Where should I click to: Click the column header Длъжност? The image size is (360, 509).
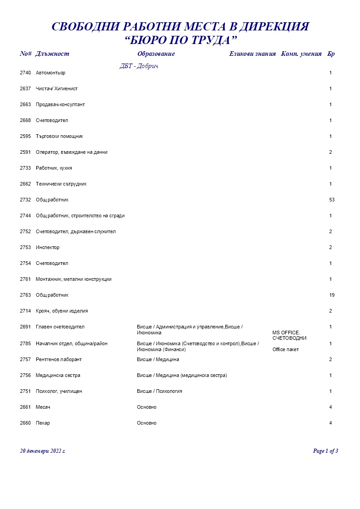coord(52,54)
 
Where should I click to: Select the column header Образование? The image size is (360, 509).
coord(156,54)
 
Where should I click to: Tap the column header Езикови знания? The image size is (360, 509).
coord(253,54)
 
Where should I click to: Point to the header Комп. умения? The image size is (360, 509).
coord(302,54)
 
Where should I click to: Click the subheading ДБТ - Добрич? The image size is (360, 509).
coord(139,66)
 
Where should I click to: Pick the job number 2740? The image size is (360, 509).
coord(25,73)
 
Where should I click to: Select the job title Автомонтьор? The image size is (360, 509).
coord(51,73)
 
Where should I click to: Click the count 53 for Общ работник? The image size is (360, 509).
coord(332,200)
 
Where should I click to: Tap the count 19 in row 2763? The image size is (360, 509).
coord(332,295)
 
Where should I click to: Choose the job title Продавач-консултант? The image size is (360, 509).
coord(60,105)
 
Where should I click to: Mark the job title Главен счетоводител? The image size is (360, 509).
coord(60,327)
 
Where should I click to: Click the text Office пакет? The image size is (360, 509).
coord(286,350)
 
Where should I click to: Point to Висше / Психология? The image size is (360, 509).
coord(160,392)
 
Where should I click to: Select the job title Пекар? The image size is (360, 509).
coord(43,423)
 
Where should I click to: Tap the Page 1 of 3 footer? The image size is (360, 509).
coord(326,451)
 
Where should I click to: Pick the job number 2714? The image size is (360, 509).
coord(25,311)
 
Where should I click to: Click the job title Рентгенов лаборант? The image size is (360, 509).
coord(59,360)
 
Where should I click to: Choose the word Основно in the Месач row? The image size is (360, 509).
coord(146,407)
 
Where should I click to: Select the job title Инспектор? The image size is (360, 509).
coord(48,248)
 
